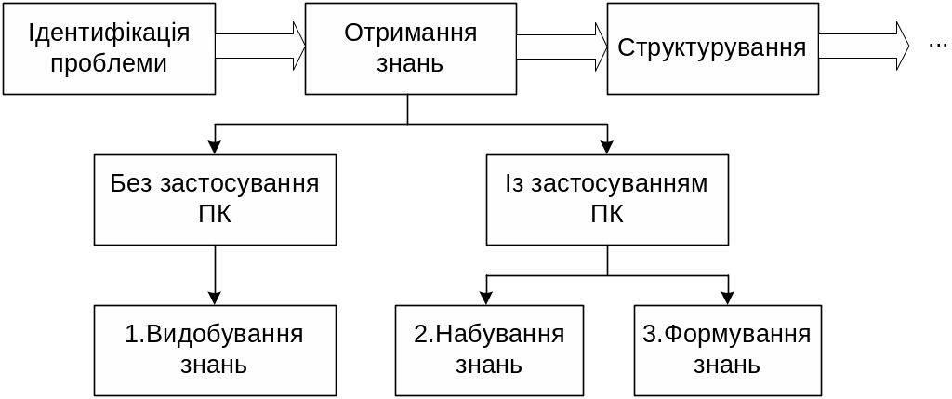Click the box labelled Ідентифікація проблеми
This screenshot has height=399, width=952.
109,47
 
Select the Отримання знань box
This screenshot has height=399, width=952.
410,47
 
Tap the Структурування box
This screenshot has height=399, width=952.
712,47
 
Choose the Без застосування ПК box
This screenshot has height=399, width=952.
215,199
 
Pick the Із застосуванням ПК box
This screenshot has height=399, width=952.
606,199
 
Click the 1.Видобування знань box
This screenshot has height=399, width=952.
215,349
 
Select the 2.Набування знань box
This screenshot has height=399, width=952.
489,349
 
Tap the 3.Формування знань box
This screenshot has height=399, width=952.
728,349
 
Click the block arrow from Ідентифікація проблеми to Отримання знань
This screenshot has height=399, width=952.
261,46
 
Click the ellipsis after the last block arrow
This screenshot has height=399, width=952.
937,46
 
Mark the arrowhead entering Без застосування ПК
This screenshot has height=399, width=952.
215,146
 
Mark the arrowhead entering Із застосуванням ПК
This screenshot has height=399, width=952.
607,146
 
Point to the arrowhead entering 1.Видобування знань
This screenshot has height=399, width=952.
215,298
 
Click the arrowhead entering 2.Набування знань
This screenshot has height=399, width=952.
489,298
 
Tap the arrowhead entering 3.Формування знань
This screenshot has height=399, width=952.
728,298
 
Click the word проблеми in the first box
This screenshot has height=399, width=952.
109,63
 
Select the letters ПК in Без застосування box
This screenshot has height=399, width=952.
215,215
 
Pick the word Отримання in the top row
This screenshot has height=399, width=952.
410,33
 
